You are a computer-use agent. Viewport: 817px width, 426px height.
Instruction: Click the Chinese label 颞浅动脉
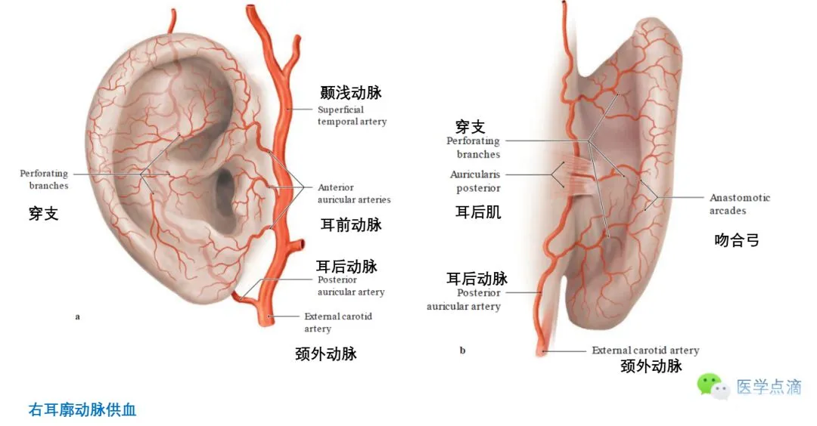[x=350, y=93]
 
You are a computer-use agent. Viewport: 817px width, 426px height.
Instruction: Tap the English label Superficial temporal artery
[x=352, y=116]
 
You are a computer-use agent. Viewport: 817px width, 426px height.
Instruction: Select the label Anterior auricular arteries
[x=354, y=193]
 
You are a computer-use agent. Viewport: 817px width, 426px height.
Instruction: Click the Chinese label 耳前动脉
[x=351, y=224]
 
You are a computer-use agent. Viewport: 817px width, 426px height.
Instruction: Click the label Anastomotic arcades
[x=739, y=204]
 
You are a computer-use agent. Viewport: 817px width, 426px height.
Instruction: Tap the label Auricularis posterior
[x=475, y=181]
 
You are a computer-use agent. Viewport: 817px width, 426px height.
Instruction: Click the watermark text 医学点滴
[x=768, y=387]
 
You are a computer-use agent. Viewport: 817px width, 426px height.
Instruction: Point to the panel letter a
[x=77, y=316]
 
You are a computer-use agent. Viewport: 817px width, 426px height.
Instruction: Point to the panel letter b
[x=462, y=350]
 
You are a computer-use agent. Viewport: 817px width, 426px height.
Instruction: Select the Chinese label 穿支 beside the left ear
[x=44, y=214]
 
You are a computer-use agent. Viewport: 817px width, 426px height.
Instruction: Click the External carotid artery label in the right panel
[x=645, y=350]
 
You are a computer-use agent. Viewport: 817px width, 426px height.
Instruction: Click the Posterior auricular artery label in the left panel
[x=350, y=286]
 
